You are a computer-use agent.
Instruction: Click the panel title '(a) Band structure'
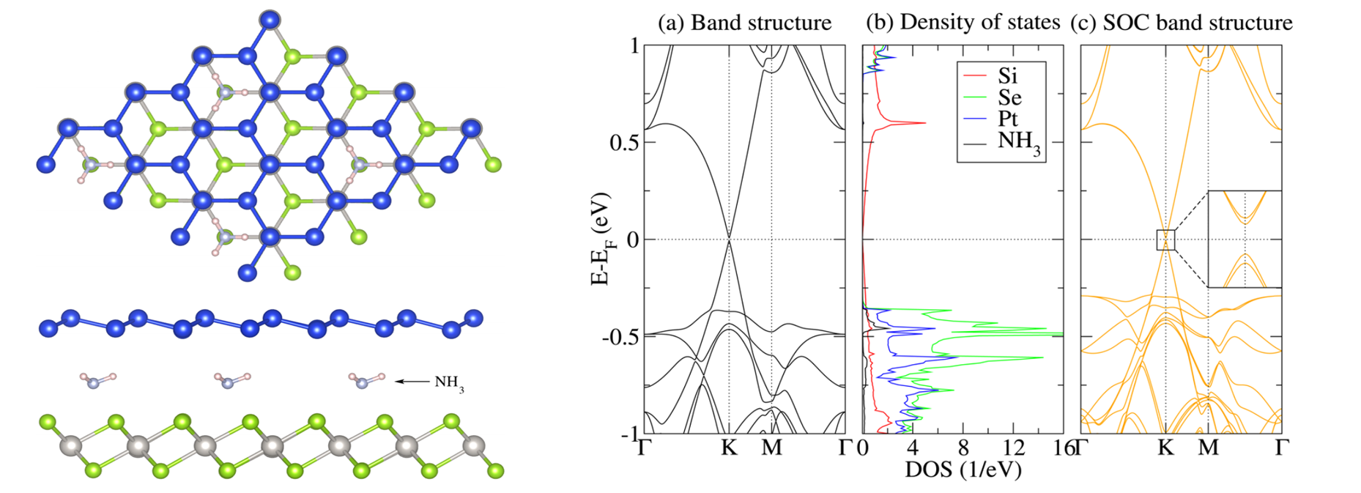(x=744, y=23)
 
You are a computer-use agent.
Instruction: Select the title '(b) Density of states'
(x=963, y=23)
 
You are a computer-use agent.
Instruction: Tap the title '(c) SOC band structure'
(x=1181, y=23)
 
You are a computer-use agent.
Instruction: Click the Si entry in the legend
(x=1007, y=75)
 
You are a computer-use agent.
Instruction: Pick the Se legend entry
(x=1009, y=97)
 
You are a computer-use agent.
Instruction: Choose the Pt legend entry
(x=1007, y=119)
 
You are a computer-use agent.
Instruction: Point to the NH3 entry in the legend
(x=1018, y=141)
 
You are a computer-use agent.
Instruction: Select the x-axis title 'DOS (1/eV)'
(x=963, y=469)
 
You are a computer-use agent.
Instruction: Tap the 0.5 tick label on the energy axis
(x=623, y=143)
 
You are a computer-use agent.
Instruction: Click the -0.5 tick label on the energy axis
(x=620, y=337)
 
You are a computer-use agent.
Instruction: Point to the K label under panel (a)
(x=729, y=447)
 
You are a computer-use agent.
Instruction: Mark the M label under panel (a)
(x=771, y=447)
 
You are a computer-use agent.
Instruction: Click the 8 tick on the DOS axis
(x=963, y=447)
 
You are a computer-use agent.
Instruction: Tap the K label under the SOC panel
(x=1166, y=447)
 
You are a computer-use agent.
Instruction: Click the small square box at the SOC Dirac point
(x=1165, y=240)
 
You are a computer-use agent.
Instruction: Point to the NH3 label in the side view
(x=449, y=383)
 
